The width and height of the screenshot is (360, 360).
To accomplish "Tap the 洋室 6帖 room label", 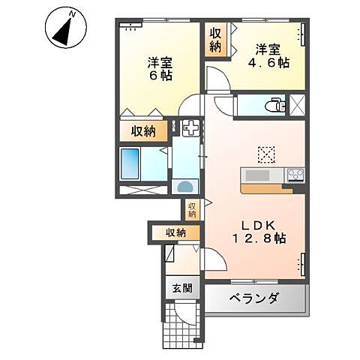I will coord(159,70).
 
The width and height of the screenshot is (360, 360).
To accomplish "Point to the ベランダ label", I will coord(256,298).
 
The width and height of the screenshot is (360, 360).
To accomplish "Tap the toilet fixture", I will coord(277,105).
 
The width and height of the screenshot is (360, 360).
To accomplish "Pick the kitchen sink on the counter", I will coord(259,175).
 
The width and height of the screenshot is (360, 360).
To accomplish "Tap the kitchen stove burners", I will coord(294,175).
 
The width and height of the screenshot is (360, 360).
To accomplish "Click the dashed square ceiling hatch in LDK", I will coord(267,153).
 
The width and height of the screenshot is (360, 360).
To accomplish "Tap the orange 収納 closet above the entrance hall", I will coord(175,233).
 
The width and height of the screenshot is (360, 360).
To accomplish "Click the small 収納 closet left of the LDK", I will coord(192,210).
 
